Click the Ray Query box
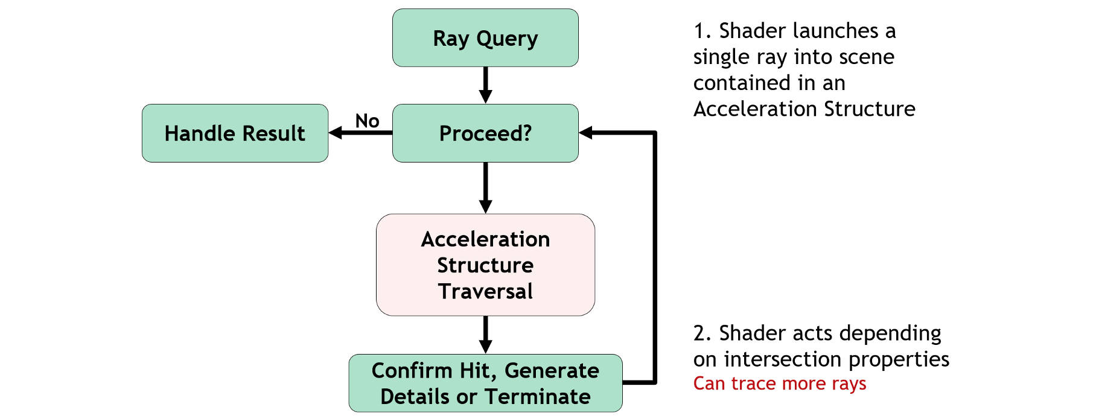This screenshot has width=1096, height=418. click(x=485, y=37)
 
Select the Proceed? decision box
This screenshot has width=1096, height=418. click(x=485, y=133)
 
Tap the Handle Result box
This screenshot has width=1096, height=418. click(x=235, y=133)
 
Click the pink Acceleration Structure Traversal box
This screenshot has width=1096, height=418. click(x=485, y=265)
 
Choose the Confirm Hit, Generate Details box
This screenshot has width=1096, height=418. click(x=485, y=383)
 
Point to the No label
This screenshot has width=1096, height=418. click(x=367, y=121)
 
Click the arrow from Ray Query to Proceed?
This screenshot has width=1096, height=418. click(x=485, y=85)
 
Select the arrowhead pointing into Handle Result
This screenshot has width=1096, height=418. click(x=336, y=133)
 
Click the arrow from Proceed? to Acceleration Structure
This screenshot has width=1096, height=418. click(x=485, y=188)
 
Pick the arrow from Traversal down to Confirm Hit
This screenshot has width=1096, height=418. click(x=485, y=335)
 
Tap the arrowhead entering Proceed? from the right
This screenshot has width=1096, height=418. click(x=586, y=133)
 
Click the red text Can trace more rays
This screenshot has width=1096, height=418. click(x=780, y=384)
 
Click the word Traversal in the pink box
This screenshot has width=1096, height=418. click(x=485, y=291)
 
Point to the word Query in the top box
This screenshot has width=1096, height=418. click(x=507, y=39)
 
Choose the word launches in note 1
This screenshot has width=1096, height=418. click(x=836, y=31)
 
